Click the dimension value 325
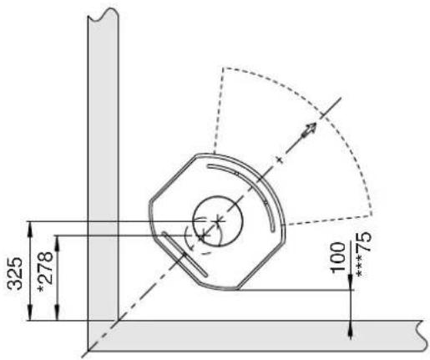(15, 273)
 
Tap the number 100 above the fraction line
(337, 256)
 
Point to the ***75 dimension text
(364, 254)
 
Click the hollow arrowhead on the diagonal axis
(310, 129)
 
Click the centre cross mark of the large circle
(218, 221)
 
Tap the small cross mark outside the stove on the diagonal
(280, 160)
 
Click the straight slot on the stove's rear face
(185, 254)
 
